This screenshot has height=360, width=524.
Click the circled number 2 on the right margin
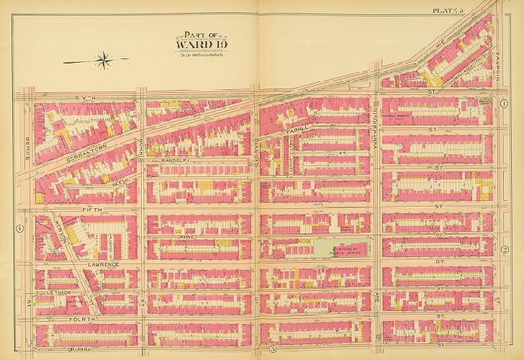pos(505,250)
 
